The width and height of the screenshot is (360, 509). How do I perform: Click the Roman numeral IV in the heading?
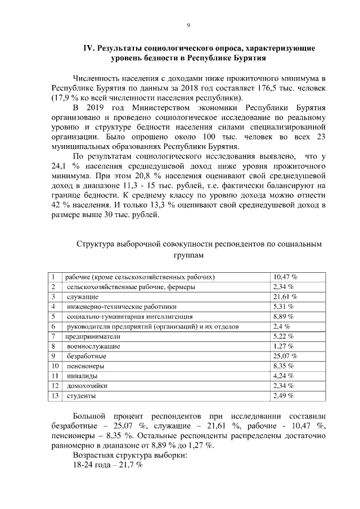(x=89, y=48)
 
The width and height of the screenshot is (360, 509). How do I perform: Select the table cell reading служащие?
(x=83, y=296)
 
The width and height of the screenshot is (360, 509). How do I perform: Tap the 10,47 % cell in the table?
(x=285, y=277)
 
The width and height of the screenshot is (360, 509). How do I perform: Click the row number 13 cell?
(x=55, y=395)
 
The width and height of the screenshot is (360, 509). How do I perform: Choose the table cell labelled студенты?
(x=81, y=395)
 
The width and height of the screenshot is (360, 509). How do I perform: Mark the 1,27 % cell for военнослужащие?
(x=284, y=346)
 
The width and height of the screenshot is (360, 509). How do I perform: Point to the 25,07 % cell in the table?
(x=285, y=356)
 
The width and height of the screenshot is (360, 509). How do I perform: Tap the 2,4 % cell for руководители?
(x=281, y=326)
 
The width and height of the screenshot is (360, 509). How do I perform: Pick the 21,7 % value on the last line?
(x=131, y=466)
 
